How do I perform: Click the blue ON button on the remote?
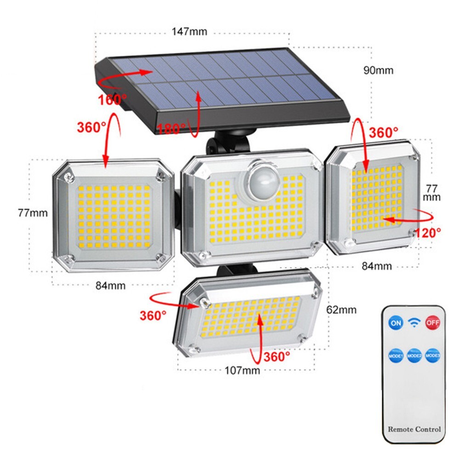[396, 323]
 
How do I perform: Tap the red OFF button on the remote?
[432, 323]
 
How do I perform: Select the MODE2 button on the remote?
[414, 356]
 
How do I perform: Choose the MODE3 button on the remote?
[433, 356]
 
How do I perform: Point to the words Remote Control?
[414, 429]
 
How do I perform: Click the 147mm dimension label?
[189, 32]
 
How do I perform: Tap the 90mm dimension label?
[378, 70]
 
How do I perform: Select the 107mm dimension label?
[242, 370]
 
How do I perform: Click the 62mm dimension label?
[341, 310]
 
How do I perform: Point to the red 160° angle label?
[112, 99]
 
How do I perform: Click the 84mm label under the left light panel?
[110, 285]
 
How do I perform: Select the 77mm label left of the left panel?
[33, 213]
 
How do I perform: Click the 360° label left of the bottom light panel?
[153, 316]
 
